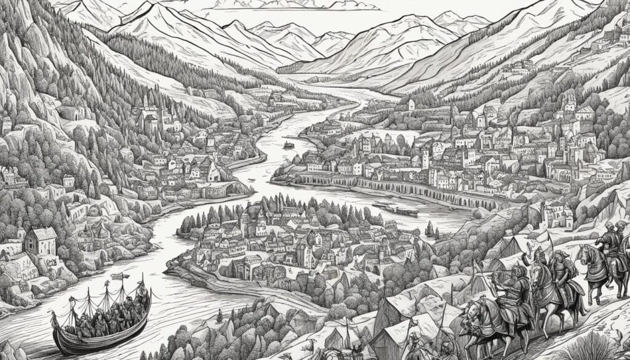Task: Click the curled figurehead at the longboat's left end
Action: [54, 317]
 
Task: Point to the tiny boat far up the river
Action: [288, 145]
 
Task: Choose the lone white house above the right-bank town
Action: [410, 105]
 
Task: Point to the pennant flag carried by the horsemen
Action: [541, 237]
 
